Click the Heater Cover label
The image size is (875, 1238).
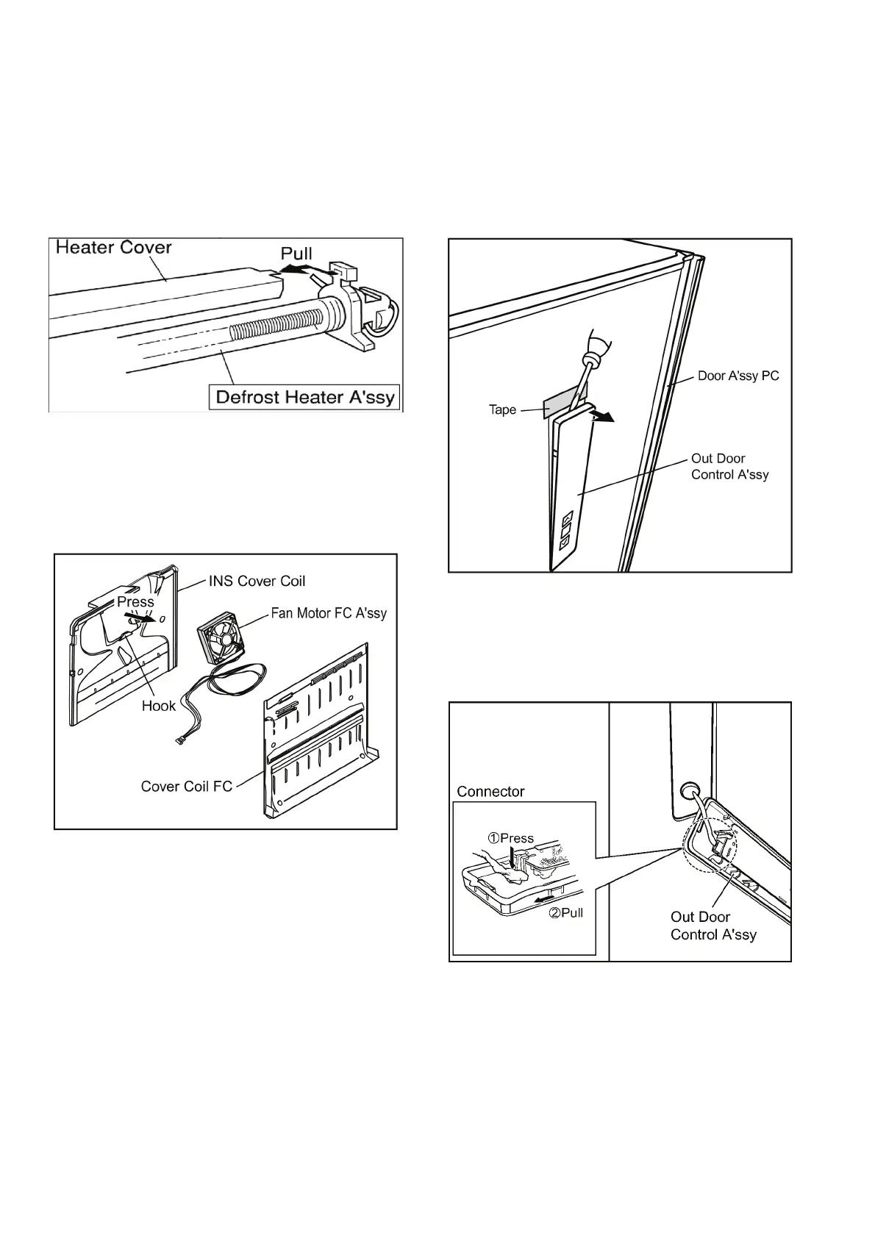[x=113, y=247]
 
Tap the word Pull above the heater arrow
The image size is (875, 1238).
[x=296, y=254]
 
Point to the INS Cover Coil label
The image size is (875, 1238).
[x=257, y=581]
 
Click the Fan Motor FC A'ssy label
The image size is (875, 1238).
[x=329, y=612]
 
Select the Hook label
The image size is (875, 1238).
[x=159, y=706]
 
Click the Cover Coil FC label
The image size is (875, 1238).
[x=186, y=787]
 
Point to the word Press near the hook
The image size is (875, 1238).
[x=135, y=601]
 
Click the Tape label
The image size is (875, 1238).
[x=502, y=409]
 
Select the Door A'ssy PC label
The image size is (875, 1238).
[x=737, y=376]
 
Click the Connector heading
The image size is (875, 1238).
[x=490, y=792]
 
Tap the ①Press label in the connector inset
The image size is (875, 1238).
[x=512, y=838]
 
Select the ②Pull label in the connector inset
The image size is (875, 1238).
[x=566, y=912]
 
